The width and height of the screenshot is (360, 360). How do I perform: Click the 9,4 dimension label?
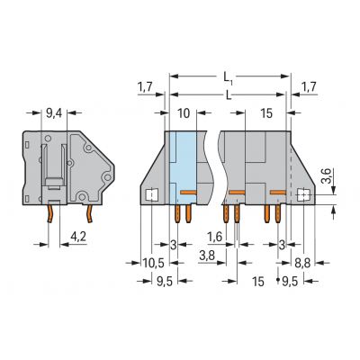point(54,113)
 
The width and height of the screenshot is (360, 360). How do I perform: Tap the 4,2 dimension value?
point(78,237)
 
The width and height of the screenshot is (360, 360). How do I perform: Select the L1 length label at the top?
point(229,77)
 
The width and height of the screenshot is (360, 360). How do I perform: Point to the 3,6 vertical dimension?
point(327,176)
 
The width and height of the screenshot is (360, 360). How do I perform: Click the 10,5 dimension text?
point(153,264)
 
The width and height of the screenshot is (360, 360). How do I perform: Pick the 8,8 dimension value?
point(302,264)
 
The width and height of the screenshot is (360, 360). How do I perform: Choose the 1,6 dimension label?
point(215,237)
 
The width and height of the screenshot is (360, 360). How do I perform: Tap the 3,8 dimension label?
point(207,256)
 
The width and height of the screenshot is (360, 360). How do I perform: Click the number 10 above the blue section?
point(184,113)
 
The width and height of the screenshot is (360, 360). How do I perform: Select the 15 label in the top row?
point(266,113)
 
